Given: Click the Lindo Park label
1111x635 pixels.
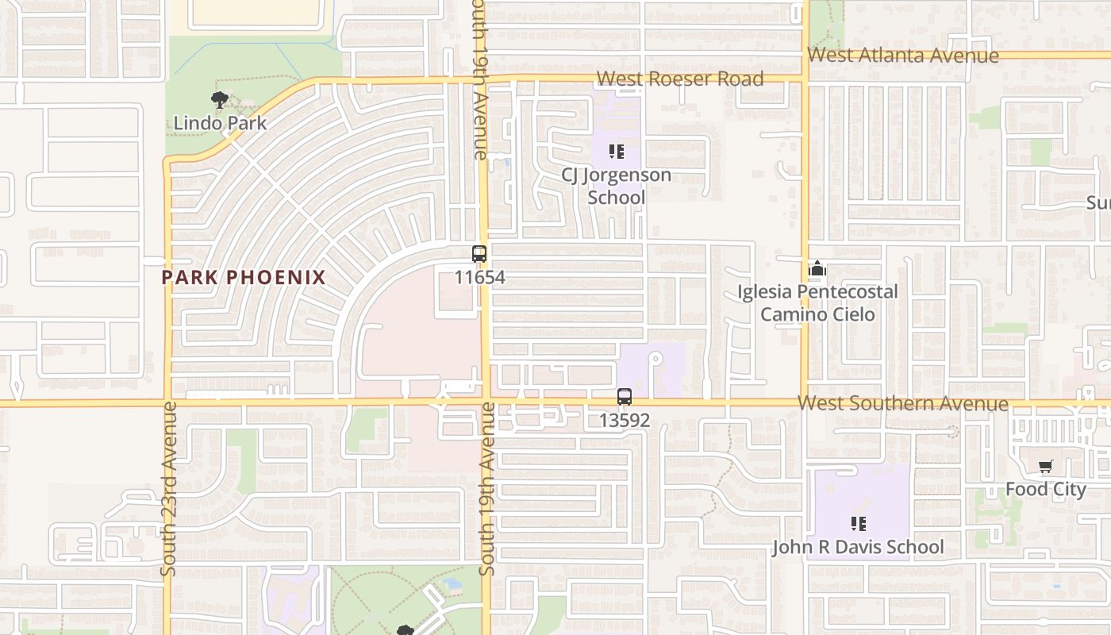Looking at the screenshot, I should point(220,123).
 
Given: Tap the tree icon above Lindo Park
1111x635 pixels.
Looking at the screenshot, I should point(220,100).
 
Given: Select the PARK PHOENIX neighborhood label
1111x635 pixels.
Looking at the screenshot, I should point(244,277).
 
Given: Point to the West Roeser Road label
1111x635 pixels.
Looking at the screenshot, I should point(680,79).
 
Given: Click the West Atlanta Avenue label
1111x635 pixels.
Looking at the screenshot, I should point(903,56).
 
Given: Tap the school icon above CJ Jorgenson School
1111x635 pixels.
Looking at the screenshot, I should point(617,151).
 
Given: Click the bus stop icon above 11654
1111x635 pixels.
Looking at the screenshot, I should point(479,254).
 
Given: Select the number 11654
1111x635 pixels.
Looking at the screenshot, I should point(479,278).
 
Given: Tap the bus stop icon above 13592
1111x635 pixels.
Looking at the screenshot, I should point(625,397).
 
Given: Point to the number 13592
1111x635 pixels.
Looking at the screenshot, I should point(625,421).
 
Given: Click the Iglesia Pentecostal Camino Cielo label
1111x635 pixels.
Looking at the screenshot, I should point(817,303).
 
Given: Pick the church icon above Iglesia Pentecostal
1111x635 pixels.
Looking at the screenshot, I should point(817,270).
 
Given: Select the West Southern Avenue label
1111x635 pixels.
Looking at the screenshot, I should point(903,403).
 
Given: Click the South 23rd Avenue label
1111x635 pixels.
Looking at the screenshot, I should point(167,488).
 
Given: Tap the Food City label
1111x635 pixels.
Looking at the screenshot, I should point(1045,489).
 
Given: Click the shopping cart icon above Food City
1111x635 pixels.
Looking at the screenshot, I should point(1045,467).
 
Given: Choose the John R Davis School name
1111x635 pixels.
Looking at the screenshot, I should point(858,548).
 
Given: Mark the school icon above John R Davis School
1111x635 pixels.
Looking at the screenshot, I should point(858,524).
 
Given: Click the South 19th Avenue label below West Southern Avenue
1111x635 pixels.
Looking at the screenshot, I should point(487,488).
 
